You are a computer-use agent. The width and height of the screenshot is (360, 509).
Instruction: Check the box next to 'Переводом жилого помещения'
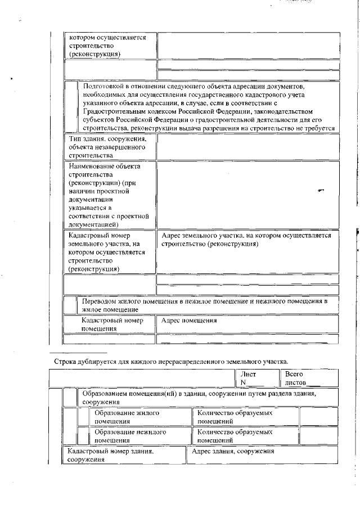pos(71,305)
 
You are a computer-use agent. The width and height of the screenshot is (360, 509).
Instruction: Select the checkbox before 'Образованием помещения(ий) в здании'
pos(71,397)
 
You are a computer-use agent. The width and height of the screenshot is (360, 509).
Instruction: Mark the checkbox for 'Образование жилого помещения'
pos(83,416)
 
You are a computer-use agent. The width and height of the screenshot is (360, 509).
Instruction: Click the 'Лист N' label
pos(248,378)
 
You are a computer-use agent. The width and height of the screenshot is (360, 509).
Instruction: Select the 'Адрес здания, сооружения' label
pos(233,451)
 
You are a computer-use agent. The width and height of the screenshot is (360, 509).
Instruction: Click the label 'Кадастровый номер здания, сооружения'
pos(110,455)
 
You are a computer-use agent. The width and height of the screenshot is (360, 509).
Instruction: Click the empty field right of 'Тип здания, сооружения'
pos(247,146)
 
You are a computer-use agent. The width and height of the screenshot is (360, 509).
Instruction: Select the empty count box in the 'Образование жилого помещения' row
pos(318,416)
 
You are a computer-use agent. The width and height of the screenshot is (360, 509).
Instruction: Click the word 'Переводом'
pos(101,301)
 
